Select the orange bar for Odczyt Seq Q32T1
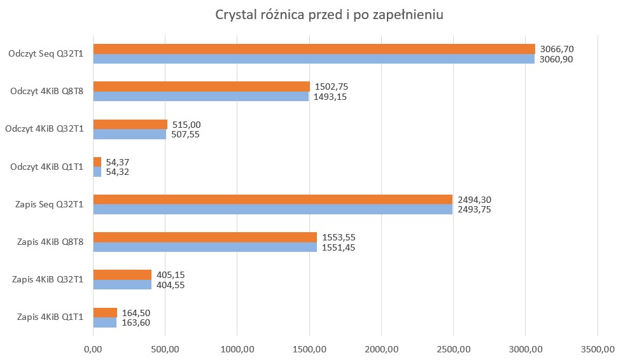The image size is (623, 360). (x=314, y=49)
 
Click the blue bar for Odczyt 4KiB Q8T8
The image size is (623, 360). (x=200, y=97)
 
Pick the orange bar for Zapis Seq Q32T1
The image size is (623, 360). (x=272, y=200)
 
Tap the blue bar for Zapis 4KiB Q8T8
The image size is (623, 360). (x=204, y=247)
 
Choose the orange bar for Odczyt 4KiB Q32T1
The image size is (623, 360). (x=130, y=125)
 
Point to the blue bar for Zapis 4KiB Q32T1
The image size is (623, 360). (x=122, y=285)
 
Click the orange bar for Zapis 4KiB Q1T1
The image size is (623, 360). (x=105, y=312)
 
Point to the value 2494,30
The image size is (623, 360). (x=473, y=200)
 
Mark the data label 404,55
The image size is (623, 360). (x=172, y=285)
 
